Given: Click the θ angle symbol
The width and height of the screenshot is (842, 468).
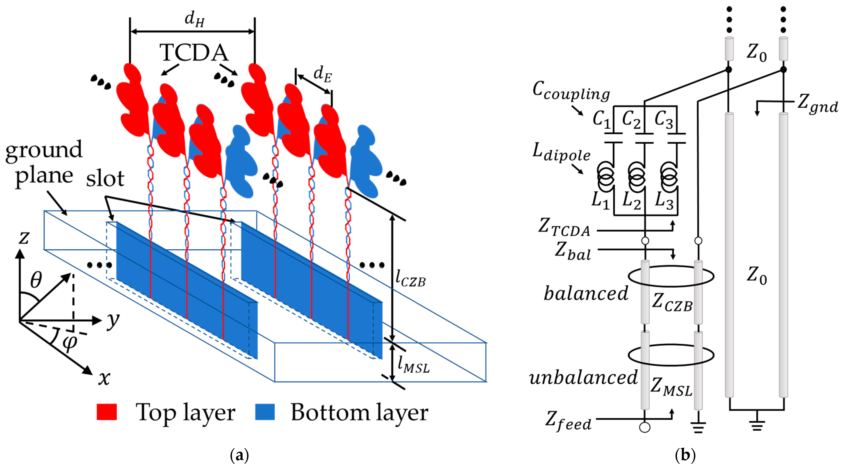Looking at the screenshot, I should [36, 280].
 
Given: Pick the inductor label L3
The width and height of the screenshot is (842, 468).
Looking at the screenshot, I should [664, 201].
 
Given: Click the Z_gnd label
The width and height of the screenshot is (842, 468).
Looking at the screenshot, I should [817, 104].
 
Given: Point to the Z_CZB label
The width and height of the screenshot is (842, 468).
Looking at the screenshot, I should [672, 302].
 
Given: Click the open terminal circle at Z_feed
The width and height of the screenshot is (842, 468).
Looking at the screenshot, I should [645, 427].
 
